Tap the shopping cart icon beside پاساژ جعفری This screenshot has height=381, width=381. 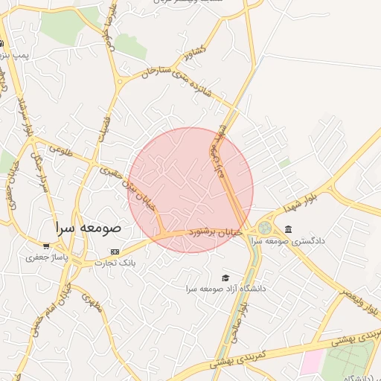pos(46,246)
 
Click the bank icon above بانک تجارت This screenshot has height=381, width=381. pos(114,252)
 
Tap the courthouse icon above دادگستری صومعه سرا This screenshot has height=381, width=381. pos(288,228)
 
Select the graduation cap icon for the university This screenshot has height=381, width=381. pos(225,278)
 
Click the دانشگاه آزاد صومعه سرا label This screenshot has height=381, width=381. pos(226,288)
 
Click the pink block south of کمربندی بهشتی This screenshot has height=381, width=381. pos(311,363)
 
